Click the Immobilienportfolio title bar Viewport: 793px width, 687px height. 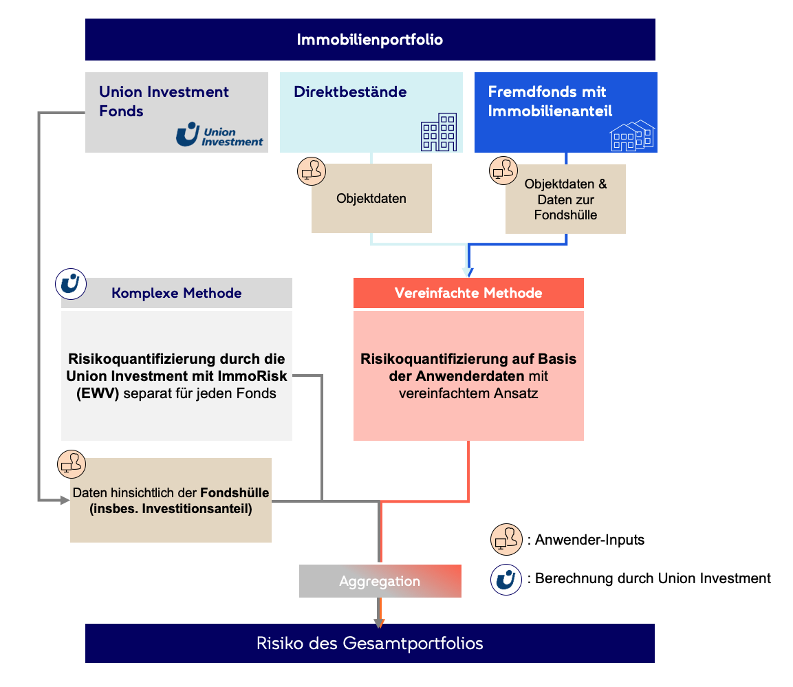coord(370,39)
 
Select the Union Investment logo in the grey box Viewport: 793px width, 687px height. coord(219,135)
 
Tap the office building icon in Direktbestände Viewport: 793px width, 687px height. coord(438,132)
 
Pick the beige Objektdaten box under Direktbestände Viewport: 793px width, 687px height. coord(371,199)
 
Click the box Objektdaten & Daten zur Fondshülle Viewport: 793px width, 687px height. coord(565,199)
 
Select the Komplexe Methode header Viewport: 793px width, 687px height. coord(177,293)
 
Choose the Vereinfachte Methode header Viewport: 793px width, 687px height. coord(468,293)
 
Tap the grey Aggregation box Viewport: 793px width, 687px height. coord(380,581)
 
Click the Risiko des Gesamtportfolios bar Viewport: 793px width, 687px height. coord(370,644)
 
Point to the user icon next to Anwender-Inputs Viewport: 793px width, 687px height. coord(507,540)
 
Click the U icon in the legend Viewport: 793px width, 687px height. coord(507,578)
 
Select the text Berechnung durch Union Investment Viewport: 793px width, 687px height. coord(653,578)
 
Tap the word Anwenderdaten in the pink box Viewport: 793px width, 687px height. coord(469,376)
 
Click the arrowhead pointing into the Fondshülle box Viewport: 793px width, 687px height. coord(66,500)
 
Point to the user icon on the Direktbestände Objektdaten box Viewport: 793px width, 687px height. coord(312,171)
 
